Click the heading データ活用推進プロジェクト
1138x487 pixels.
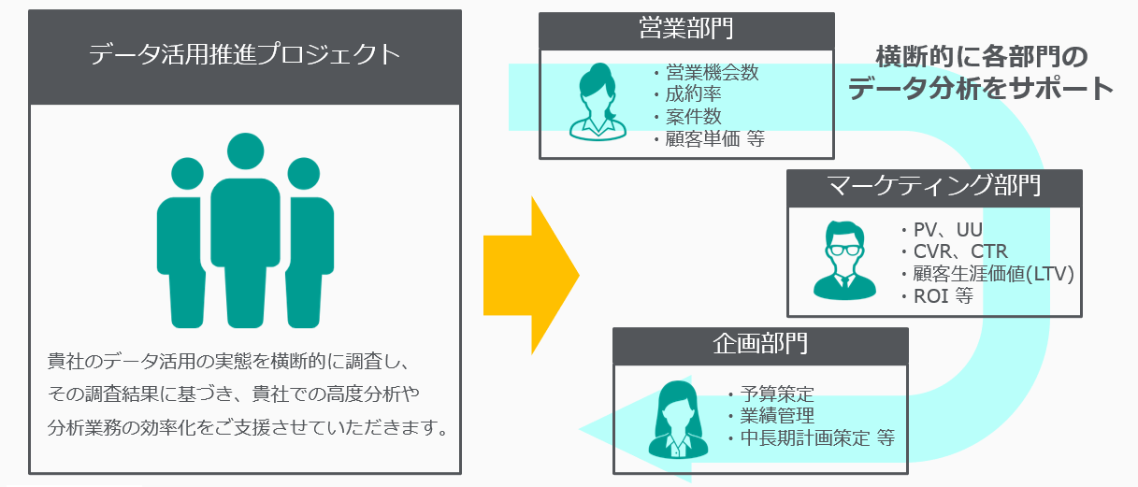point(245,55)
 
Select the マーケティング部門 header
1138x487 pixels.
point(934,186)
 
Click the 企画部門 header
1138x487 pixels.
point(760,344)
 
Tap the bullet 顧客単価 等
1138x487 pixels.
point(715,139)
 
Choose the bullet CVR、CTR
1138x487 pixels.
point(959,252)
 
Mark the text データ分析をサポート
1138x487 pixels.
point(980,89)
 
